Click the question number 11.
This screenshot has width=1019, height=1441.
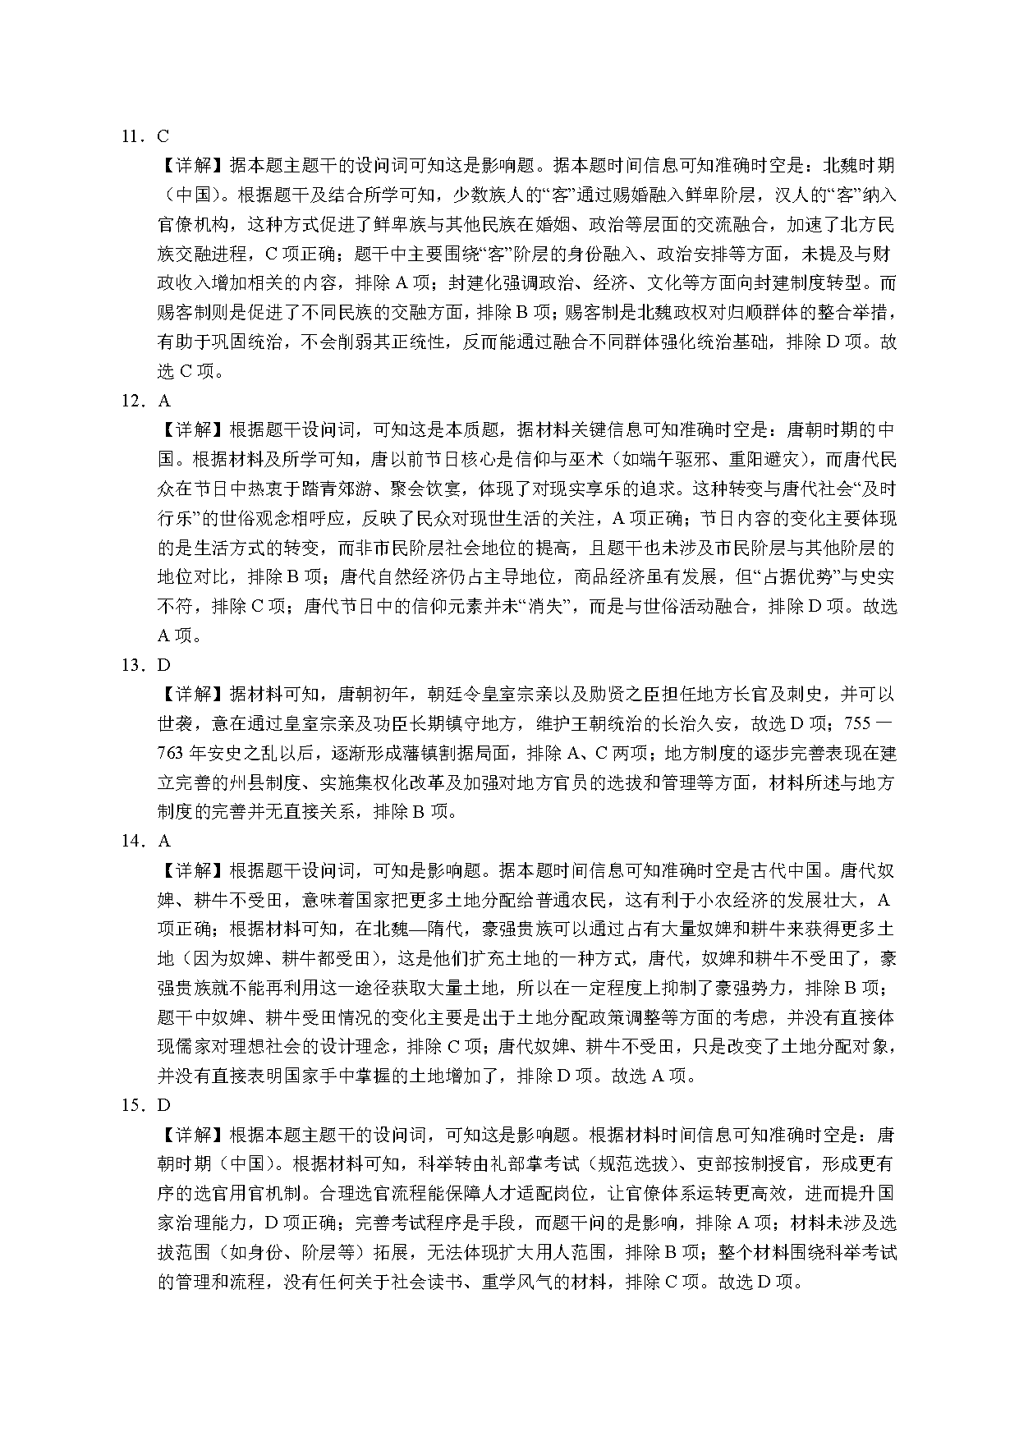click(131, 137)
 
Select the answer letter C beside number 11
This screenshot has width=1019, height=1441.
click(163, 137)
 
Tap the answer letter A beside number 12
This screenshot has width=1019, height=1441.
click(163, 402)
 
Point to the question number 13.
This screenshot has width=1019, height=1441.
click(131, 666)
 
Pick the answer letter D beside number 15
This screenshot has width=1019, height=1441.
click(163, 1106)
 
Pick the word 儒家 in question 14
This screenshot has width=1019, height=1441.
click(208, 1047)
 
